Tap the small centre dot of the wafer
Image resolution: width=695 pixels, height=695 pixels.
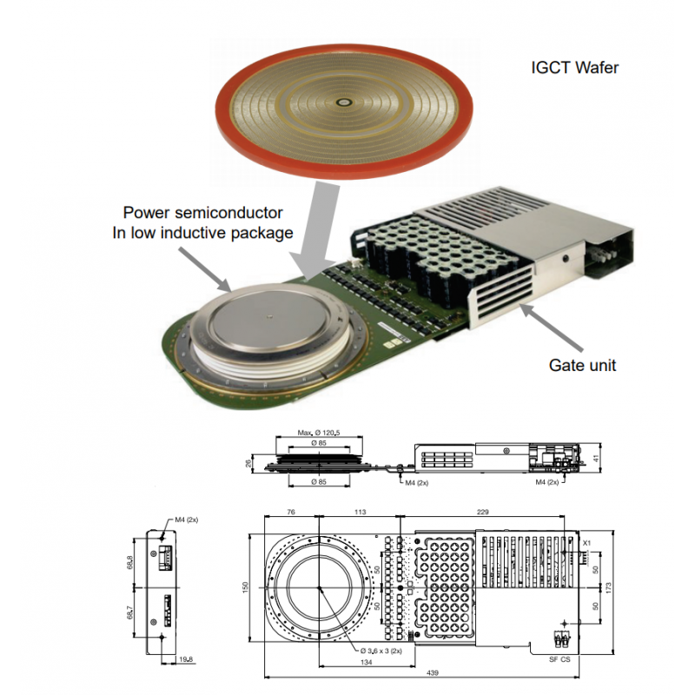pos(346,103)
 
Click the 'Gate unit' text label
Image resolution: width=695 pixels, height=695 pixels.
pos(583,365)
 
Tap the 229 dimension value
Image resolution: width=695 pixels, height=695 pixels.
pos(481,513)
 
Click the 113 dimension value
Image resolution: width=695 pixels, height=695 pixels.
pos(357,513)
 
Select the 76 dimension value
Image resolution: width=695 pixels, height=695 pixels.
pos(292,513)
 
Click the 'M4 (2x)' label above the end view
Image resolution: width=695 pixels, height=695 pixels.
pos(187,520)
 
